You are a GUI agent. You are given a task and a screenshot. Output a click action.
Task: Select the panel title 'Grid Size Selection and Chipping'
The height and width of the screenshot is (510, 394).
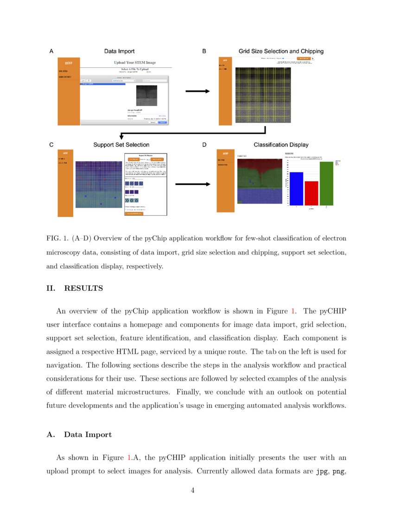tap(281, 51)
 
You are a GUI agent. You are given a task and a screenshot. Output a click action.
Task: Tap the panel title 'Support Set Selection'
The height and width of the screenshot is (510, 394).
tap(121, 145)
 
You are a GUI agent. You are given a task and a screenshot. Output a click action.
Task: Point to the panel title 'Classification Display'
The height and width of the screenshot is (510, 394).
tap(281, 145)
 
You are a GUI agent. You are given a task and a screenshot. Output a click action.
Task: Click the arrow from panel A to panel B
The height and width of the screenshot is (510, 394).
tap(197, 91)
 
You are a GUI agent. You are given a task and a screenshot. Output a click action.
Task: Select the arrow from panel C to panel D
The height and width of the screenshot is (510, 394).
tap(197, 184)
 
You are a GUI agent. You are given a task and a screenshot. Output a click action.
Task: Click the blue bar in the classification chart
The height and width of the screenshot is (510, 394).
tap(296, 188)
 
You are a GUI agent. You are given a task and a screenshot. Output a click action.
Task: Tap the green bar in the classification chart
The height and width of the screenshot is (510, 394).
tap(326, 183)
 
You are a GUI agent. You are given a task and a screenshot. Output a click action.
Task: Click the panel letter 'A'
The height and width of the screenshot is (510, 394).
tap(51, 51)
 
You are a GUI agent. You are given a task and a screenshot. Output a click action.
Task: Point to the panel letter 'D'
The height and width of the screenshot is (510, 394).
tap(204, 145)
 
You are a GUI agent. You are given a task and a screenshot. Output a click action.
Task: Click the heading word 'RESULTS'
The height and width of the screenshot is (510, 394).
tap(83, 288)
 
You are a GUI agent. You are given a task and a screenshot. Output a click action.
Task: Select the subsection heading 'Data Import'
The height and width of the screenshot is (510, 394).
tap(88, 435)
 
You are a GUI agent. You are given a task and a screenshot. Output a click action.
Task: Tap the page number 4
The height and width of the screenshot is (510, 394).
tap(193, 491)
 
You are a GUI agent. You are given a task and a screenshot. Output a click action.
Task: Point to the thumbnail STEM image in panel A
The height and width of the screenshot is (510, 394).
tap(146, 95)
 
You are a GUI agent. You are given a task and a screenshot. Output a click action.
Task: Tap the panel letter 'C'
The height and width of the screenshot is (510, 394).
tap(51, 145)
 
